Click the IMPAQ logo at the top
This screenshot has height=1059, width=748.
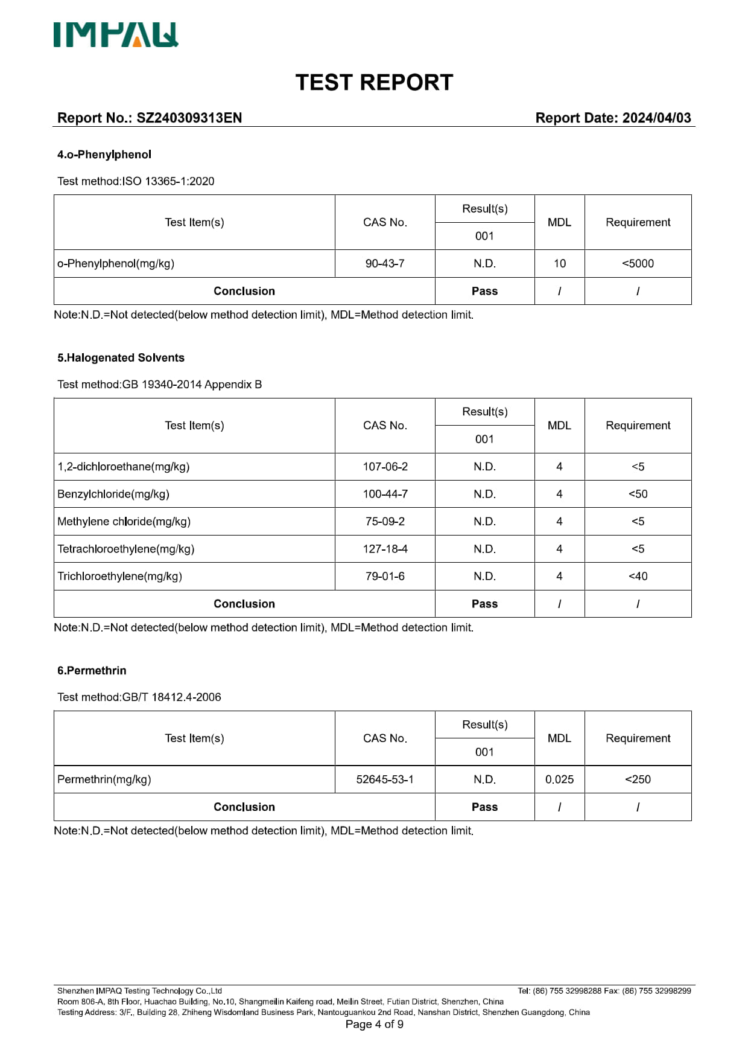click(x=116, y=35)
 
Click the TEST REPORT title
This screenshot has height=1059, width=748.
click(x=374, y=83)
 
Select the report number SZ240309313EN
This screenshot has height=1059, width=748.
click(x=189, y=118)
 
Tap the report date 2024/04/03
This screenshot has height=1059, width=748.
click(x=656, y=118)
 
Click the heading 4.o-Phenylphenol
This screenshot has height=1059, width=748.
click(x=104, y=155)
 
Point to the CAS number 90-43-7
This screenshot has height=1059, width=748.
click(x=385, y=263)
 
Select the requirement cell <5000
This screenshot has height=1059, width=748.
click(x=638, y=263)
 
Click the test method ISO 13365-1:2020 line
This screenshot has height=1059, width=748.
click(x=136, y=181)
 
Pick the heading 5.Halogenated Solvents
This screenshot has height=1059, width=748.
click(x=121, y=357)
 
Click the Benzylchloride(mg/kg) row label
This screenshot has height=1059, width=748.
click(x=113, y=494)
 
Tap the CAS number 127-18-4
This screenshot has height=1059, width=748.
click(x=385, y=549)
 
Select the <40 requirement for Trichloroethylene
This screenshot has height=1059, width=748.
click(x=638, y=576)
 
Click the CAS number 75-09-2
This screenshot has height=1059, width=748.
click(x=385, y=521)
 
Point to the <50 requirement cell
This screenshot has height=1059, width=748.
click(x=638, y=494)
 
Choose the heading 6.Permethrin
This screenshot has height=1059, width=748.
click(x=92, y=670)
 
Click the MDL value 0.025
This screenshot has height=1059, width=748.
click(x=559, y=779)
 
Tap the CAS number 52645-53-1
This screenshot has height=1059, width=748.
click(x=385, y=779)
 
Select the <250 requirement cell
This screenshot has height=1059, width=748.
click(x=638, y=779)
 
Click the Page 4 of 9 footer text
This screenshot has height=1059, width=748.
click(x=374, y=1024)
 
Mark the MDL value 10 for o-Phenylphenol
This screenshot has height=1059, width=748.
click(x=559, y=263)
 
